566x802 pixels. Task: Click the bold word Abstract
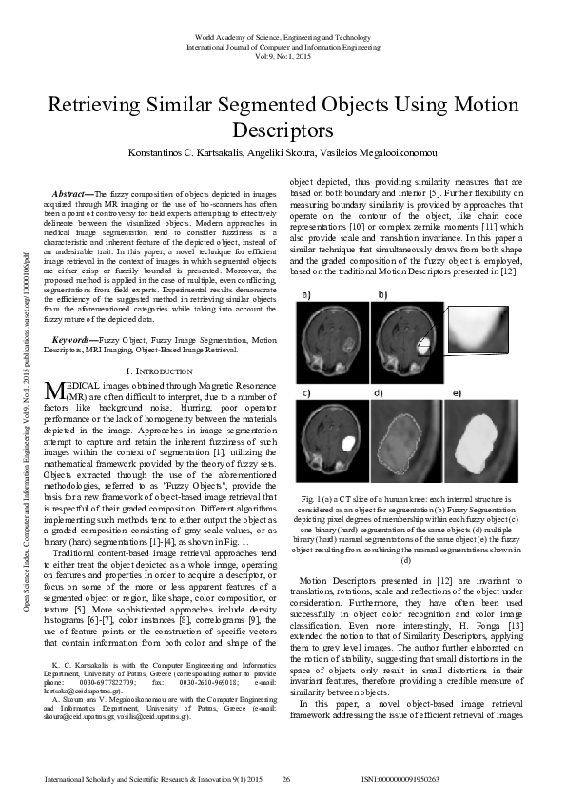tap(73, 194)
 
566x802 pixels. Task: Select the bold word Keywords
tap(74, 339)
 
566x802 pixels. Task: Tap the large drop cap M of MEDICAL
tap(55, 388)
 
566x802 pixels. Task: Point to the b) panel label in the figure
tap(383, 296)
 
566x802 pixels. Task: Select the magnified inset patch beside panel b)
tap(477, 345)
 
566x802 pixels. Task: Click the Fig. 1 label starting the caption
tap(313, 498)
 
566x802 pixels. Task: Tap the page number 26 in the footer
tap(285, 779)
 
